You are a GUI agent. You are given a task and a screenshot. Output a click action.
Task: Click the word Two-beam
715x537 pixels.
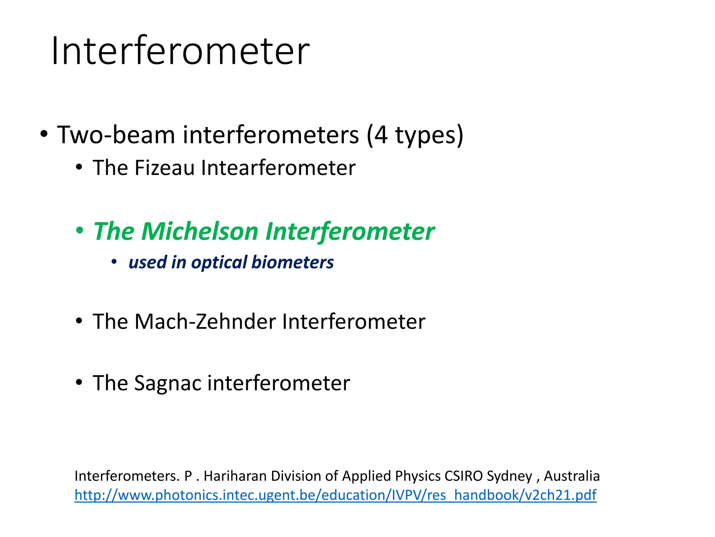[x=116, y=135]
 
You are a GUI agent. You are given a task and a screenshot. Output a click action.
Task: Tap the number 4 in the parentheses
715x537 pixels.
[x=381, y=135]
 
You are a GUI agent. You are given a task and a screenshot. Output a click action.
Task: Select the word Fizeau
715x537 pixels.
[x=164, y=168]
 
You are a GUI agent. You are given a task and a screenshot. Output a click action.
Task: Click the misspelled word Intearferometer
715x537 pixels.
[x=278, y=168]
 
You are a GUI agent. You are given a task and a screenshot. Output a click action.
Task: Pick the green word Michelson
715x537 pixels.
[x=200, y=231]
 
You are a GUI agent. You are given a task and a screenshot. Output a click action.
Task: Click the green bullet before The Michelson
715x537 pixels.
[x=80, y=231]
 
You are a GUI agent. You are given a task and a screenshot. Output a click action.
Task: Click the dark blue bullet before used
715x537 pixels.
[x=114, y=262]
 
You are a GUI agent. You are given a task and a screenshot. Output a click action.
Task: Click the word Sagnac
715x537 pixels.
[x=168, y=383]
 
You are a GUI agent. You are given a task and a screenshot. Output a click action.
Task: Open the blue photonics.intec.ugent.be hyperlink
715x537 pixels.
[x=336, y=495]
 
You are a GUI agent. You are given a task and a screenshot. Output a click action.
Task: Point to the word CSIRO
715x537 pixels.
[x=464, y=476]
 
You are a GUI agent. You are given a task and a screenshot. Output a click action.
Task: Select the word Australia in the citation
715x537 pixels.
[x=572, y=476]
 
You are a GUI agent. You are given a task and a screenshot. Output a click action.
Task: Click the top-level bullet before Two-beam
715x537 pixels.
[x=44, y=134]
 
